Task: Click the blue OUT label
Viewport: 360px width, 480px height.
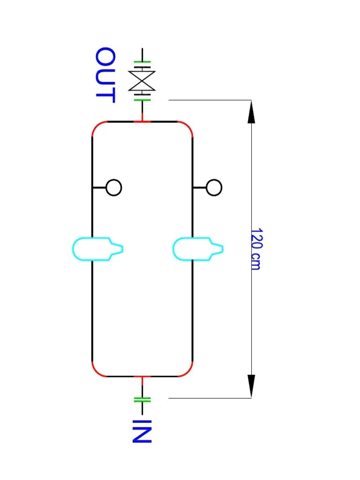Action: [x=105, y=75]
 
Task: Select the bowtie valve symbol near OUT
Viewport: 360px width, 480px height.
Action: [x=142, y=81]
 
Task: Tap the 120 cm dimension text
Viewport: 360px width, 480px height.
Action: [x=256, y=249]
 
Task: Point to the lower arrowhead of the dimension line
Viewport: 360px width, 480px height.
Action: [x=251, y=386]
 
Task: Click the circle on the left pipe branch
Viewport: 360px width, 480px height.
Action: [x=114, y=187]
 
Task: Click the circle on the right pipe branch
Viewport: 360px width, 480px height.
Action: [x=214, y=187]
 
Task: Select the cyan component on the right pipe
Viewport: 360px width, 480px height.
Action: [x=197, y=248]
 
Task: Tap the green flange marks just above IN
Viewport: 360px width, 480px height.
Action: [x=142, y=399]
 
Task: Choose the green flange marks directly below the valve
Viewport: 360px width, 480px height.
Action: [x=142, y=98]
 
